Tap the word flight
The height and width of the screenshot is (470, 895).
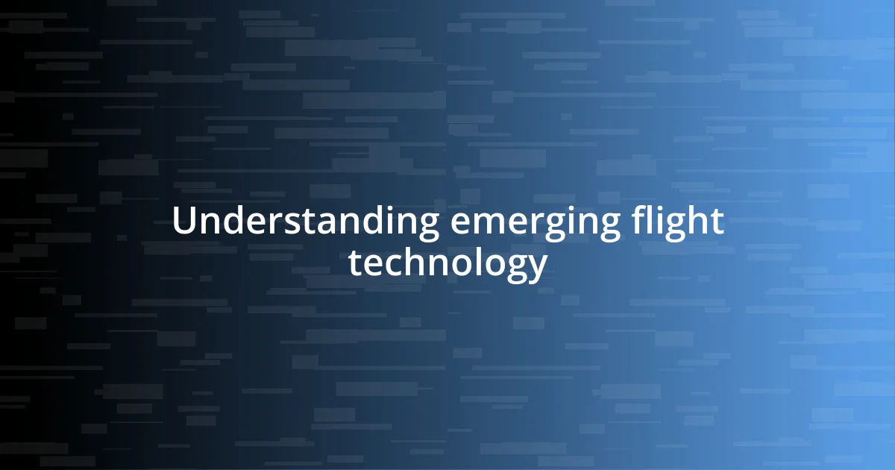[678, 222]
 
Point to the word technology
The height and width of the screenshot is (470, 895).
[447, 264]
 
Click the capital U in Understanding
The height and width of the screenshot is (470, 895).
[183, 222]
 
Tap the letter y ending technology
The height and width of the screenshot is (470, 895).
[537, 268]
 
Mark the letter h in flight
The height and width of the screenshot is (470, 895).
[697, 221]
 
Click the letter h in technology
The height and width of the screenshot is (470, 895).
[412, 262]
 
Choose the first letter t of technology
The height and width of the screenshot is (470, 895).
[356, 263]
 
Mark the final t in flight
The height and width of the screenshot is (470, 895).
[717, 222]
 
